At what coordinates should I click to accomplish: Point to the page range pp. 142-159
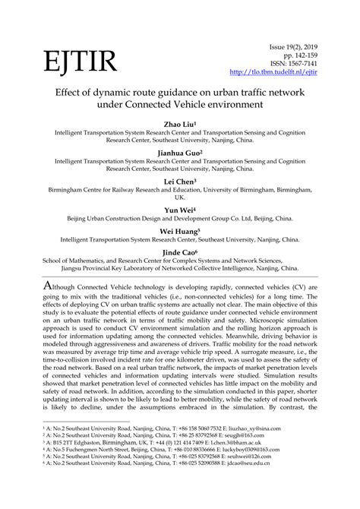click(x=321, y=55)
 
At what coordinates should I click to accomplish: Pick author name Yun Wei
click(x=180, y=210)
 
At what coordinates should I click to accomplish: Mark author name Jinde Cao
click(x=180, y=253)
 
